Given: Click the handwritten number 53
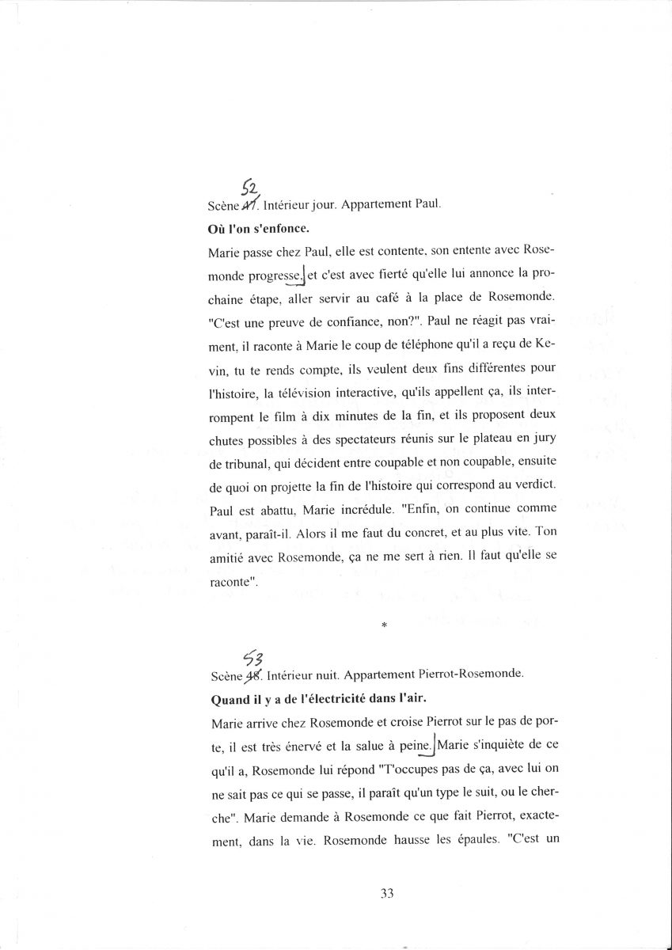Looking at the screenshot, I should pos(252,658).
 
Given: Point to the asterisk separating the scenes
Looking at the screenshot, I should pos(383,625).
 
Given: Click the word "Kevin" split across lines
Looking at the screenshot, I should pos(547,344).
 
